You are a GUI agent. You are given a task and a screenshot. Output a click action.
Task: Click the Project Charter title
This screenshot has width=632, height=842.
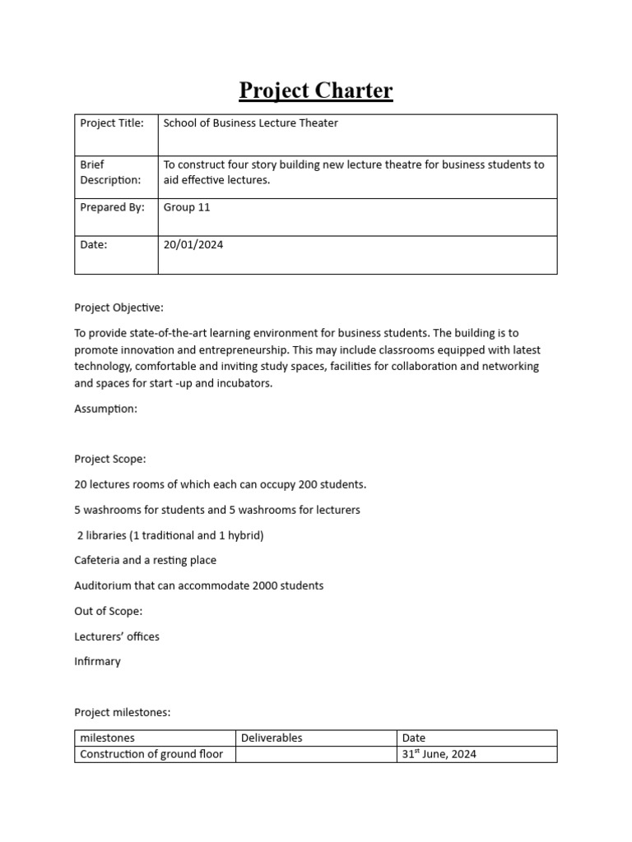(x=316, y=90)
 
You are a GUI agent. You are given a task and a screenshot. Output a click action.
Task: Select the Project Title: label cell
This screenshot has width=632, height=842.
(x=111, y=123)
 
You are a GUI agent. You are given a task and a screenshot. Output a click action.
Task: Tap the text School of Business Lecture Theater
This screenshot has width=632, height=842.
(x=250, y=123)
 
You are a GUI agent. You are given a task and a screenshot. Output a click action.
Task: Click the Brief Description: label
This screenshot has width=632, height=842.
(x=110, y=172)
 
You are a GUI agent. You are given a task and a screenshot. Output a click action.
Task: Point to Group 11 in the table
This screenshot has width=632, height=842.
(x=187, y=207)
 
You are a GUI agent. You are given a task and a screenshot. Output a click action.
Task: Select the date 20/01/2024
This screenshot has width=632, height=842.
(x=193, y=243)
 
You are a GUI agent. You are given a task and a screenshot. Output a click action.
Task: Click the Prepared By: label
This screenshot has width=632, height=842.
(x=111, y=207)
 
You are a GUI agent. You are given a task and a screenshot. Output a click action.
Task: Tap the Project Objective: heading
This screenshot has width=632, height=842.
(x=118, y=308)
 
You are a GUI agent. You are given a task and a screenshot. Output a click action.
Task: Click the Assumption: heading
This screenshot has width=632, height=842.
(x=105, y=409)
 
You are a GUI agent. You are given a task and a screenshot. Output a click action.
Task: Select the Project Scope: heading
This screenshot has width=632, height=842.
(x=109, y=459)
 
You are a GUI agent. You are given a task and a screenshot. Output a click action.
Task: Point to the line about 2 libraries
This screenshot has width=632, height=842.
(x=170, y=535)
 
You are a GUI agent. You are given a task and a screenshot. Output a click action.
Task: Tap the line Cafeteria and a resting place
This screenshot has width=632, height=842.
(x=145, y=560)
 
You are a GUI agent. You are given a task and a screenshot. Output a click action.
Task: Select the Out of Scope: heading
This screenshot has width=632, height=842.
(x=108, y=611)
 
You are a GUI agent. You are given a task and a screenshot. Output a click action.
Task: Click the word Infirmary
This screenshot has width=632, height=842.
(x=97, y=661)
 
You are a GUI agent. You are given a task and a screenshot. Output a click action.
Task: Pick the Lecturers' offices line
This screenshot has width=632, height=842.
(x=117, y=636)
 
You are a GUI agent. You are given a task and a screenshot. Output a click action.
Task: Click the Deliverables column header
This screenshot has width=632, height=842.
(x=272, y=738)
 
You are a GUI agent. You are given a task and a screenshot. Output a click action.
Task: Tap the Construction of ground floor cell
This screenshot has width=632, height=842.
(x=151, y=754)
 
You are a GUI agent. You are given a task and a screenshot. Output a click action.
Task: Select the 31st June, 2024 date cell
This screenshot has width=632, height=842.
(x=439, y=754)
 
